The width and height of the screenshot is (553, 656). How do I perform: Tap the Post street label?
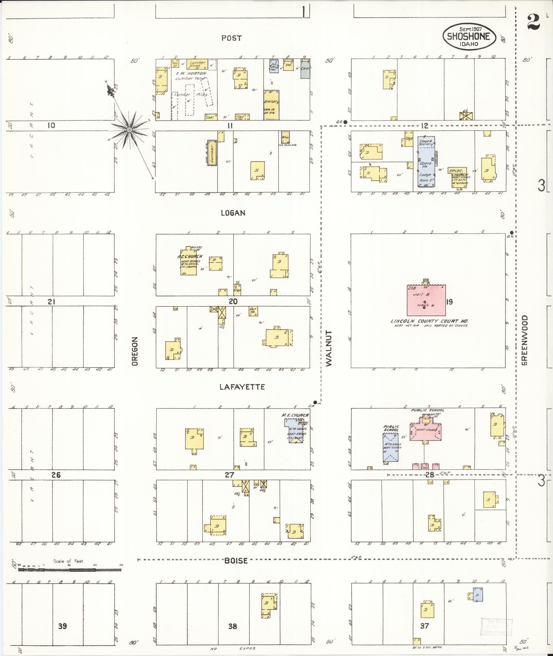click(x=231, y=38)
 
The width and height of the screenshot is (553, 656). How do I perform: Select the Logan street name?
click(x=233, y=213)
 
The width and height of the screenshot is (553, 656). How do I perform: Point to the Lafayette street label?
click(x=242, y=387)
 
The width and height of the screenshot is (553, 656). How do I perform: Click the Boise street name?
click(x=236, y=561)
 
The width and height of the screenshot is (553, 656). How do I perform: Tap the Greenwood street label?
click(x=524, y=340)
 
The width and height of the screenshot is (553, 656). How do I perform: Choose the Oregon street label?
click(x=135, y=351)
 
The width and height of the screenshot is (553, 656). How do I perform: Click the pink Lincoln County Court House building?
click(x=426, y=300)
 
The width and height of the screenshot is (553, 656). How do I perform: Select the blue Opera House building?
click(x=426, y=161)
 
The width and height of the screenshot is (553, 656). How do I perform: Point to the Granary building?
click(x=271, y=105)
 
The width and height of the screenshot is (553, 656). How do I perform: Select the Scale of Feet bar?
click(x=70, y=570)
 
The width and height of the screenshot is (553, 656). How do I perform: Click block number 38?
click(x=232, y=627)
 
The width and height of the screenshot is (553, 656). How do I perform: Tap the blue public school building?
click(x=390, y=448)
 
